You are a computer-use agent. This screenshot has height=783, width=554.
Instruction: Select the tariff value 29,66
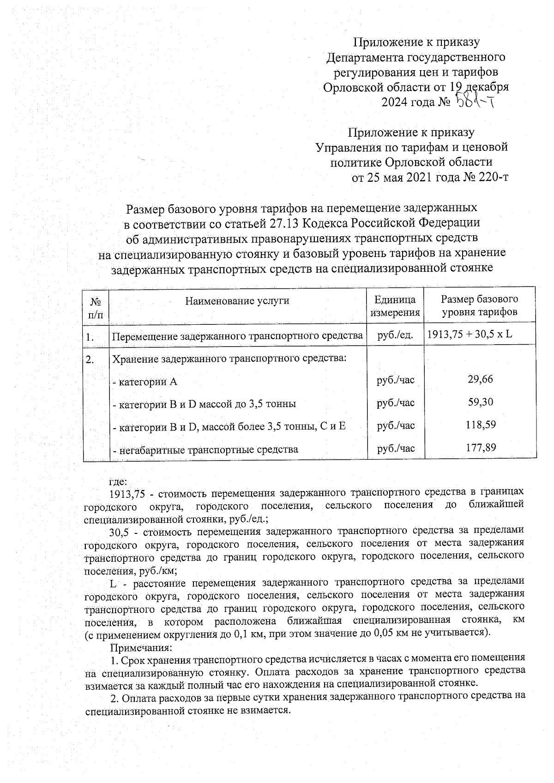coord(480,379)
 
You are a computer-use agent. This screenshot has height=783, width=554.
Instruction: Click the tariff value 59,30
coord(480,402)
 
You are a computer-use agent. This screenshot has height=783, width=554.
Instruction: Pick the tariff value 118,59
coord(480,424)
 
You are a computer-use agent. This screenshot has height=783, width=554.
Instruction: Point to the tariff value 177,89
coord(480,447)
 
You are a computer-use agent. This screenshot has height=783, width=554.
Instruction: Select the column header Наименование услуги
coord(237,301)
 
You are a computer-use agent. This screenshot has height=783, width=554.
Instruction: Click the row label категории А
coord(145,382)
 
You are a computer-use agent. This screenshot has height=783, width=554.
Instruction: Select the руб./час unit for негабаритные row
coord(395,448)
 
